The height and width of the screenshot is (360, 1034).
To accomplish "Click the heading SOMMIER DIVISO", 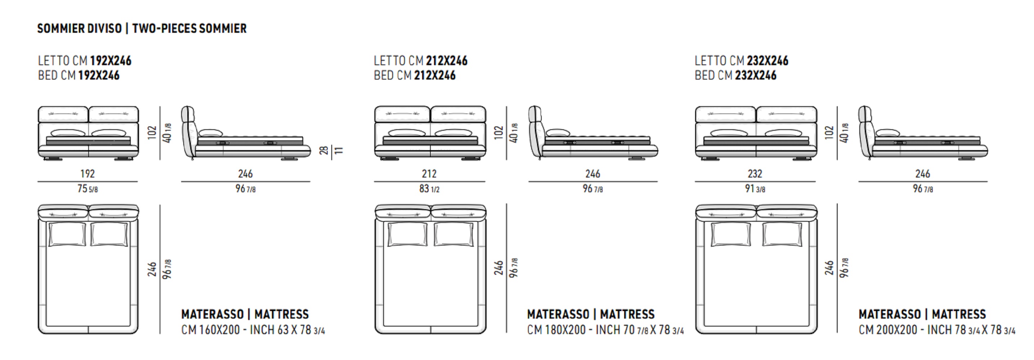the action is tap(80, 28).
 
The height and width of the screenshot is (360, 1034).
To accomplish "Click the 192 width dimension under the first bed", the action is tap(88, 174).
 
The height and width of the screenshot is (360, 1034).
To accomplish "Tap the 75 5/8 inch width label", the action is tap(88, 189).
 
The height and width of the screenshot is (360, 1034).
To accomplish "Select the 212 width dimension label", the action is tap(429, 174).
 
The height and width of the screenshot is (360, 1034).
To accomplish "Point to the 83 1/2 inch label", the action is tap(429, 189).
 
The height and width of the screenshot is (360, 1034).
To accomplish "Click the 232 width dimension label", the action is tap(755, 174).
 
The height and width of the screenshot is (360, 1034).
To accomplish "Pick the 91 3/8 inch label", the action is tap(755, 189).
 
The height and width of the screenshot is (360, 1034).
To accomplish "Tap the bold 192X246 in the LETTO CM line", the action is tap(111, 60).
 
